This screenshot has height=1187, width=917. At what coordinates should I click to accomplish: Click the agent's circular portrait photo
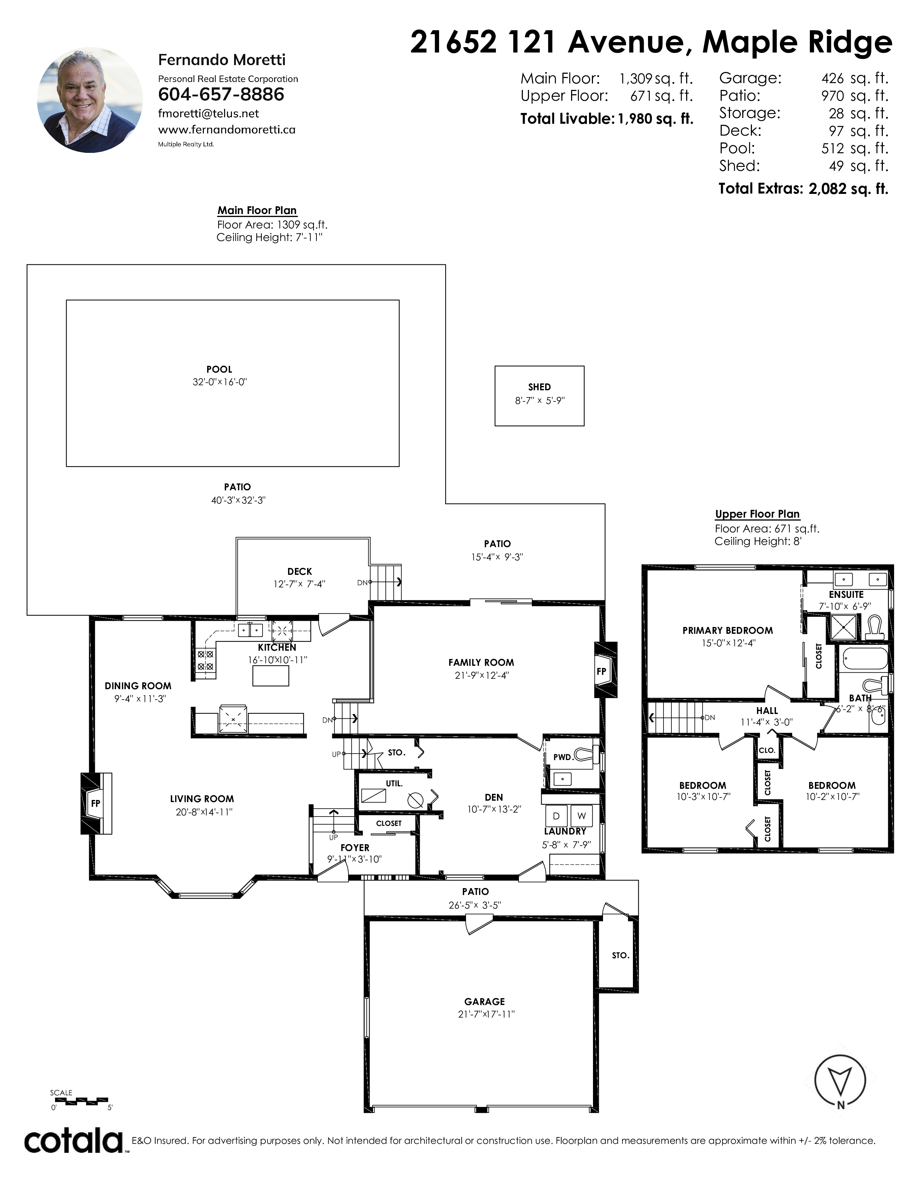pos(90,100)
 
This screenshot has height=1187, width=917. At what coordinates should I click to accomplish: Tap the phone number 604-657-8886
pos(221,95)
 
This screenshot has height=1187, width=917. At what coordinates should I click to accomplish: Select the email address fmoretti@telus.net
pos(209,114)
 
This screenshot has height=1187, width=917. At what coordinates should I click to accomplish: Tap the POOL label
pos(219,369)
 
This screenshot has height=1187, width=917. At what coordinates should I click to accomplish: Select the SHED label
pos(539,387)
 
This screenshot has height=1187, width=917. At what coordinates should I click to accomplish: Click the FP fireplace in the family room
pos(606,670)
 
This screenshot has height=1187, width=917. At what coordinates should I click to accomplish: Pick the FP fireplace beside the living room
pos(96,803)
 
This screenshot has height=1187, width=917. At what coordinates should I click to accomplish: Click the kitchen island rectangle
pos(270,676)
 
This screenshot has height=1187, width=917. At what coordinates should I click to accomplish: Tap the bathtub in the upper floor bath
pos(865,659)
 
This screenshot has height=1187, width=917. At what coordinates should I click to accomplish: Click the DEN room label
pos(494,797)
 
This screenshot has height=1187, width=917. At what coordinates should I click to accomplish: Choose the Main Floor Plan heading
pos(257,210)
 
